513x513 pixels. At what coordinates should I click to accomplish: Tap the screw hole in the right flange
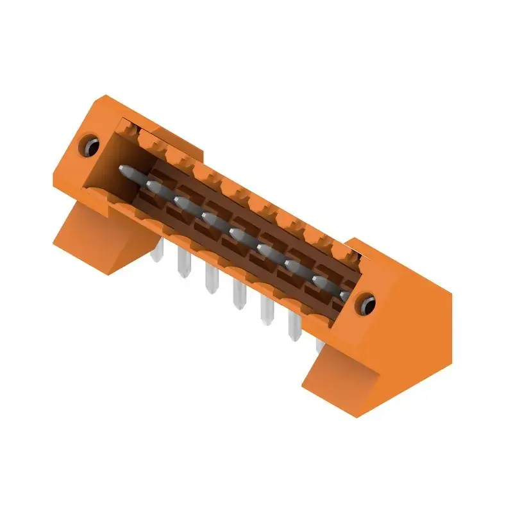(x=367, y=301)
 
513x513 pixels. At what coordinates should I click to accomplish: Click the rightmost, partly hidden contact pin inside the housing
(x=344, y=295)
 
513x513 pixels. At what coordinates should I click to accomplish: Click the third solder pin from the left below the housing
(x=210, y=282)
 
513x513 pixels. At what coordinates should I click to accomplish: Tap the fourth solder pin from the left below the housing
(x=239, y=298)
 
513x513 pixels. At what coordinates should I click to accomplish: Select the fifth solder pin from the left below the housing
(x=266, y=313)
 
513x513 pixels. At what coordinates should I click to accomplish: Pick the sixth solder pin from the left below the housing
(x=294, y=328)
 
